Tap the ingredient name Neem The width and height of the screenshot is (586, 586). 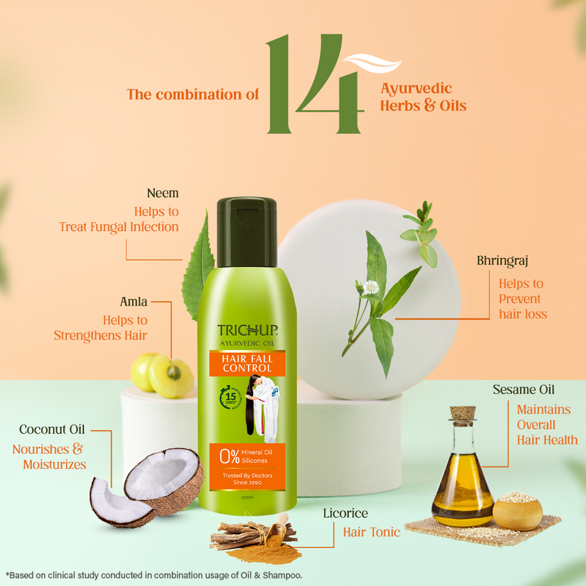point(163,193)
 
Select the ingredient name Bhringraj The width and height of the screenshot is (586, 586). point(502,261)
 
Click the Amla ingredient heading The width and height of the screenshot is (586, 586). point(133,302)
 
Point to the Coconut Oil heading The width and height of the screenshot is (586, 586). point(52,430)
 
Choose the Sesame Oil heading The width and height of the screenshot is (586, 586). point(523,390)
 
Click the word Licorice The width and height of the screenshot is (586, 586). point(345,514)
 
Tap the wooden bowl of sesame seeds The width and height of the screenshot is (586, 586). point(518,511)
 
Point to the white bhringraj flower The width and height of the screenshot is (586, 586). point(372,287)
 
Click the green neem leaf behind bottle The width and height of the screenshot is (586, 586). point(199,267)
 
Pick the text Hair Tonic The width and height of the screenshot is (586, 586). point(371,533)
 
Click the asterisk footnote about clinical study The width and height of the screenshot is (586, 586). point(154,575)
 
